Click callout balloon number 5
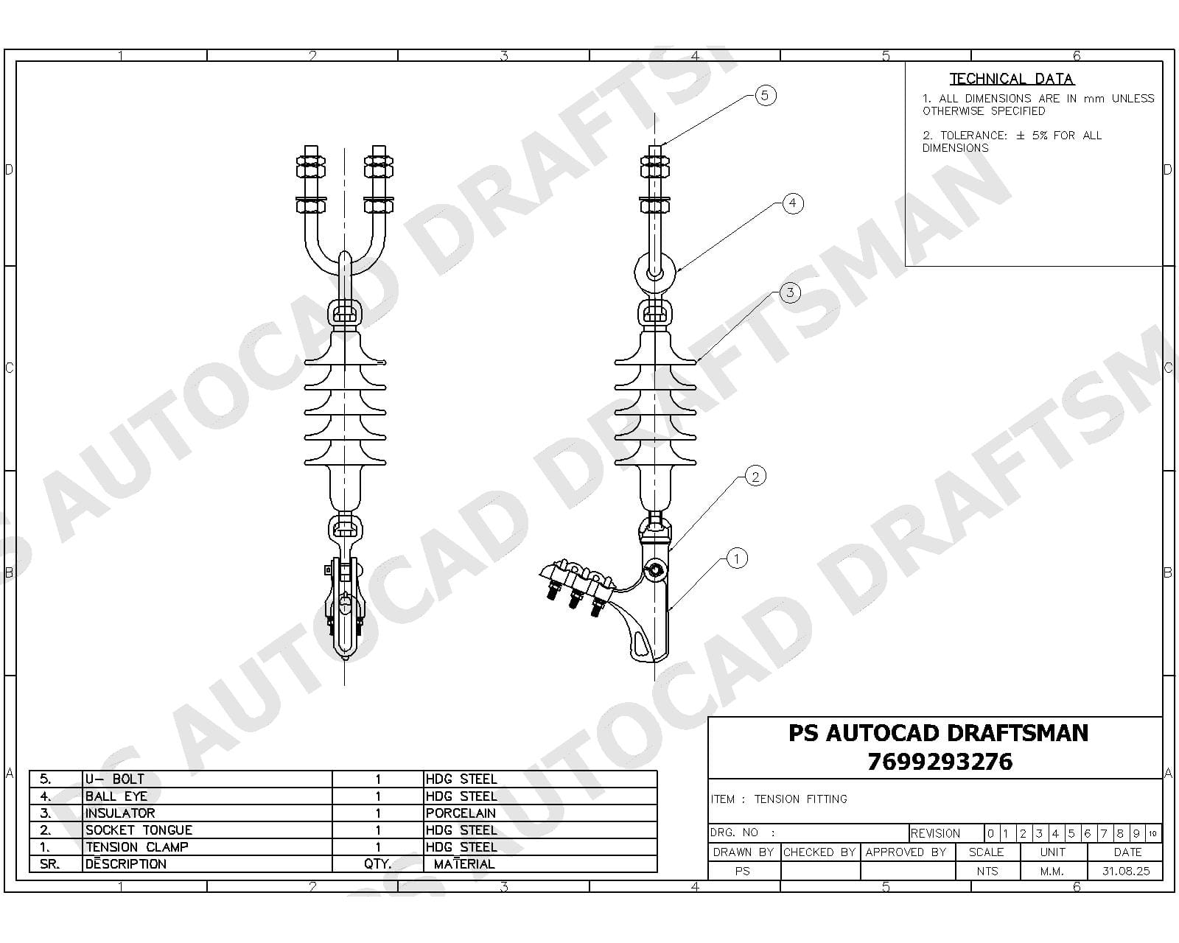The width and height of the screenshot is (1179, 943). (765, 95)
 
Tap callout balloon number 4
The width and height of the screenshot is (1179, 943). (792, 203)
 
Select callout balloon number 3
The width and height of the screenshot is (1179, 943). (790, 292)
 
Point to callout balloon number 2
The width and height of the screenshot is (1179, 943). (755, 477)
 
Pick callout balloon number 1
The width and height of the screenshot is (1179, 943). (737, 558)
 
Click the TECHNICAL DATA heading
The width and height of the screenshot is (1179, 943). (1012, 79)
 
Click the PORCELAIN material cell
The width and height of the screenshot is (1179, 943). (461, 813)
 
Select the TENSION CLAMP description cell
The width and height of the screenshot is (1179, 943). (137, 847)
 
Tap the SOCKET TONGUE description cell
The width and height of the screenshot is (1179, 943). (139, 830)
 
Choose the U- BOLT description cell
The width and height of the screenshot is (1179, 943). (115, 779)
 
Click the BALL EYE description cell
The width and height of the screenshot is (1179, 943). (116, 796)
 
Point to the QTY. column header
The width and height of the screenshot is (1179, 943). (377, 864)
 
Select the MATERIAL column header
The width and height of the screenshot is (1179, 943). (464, 864)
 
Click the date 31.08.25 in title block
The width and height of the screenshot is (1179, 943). (1125, 871)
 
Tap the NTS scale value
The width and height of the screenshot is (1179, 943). (987, 871)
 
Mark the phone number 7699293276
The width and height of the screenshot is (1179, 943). (940, 762)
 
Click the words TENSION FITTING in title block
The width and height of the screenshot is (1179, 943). (801, 799)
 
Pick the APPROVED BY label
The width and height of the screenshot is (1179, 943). (906, 852)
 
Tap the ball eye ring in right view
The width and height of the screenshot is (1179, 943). (654, 273)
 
